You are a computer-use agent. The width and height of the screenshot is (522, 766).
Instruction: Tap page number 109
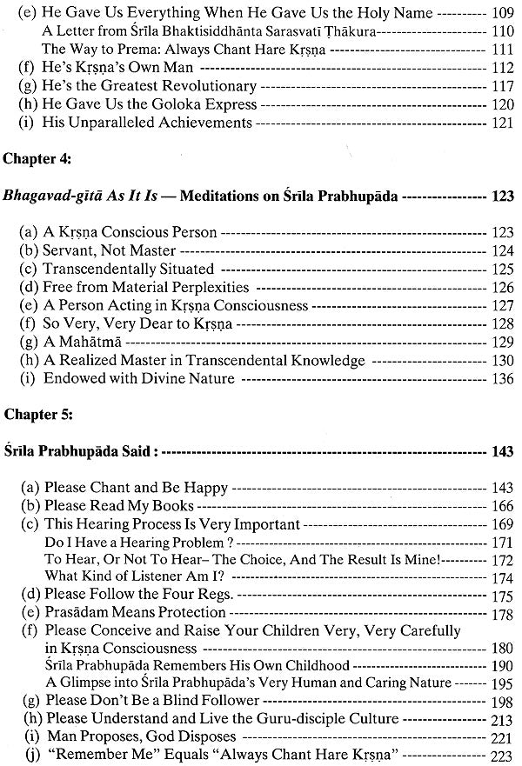click(502, 14)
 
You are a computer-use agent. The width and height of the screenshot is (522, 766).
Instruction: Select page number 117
click(502, 86)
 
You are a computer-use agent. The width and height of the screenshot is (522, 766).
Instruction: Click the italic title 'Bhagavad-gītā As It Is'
click(83, 196)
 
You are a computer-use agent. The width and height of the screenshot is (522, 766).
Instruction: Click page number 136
click(502, 378)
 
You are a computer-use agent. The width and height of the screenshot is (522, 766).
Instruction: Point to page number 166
click(502, 506)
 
